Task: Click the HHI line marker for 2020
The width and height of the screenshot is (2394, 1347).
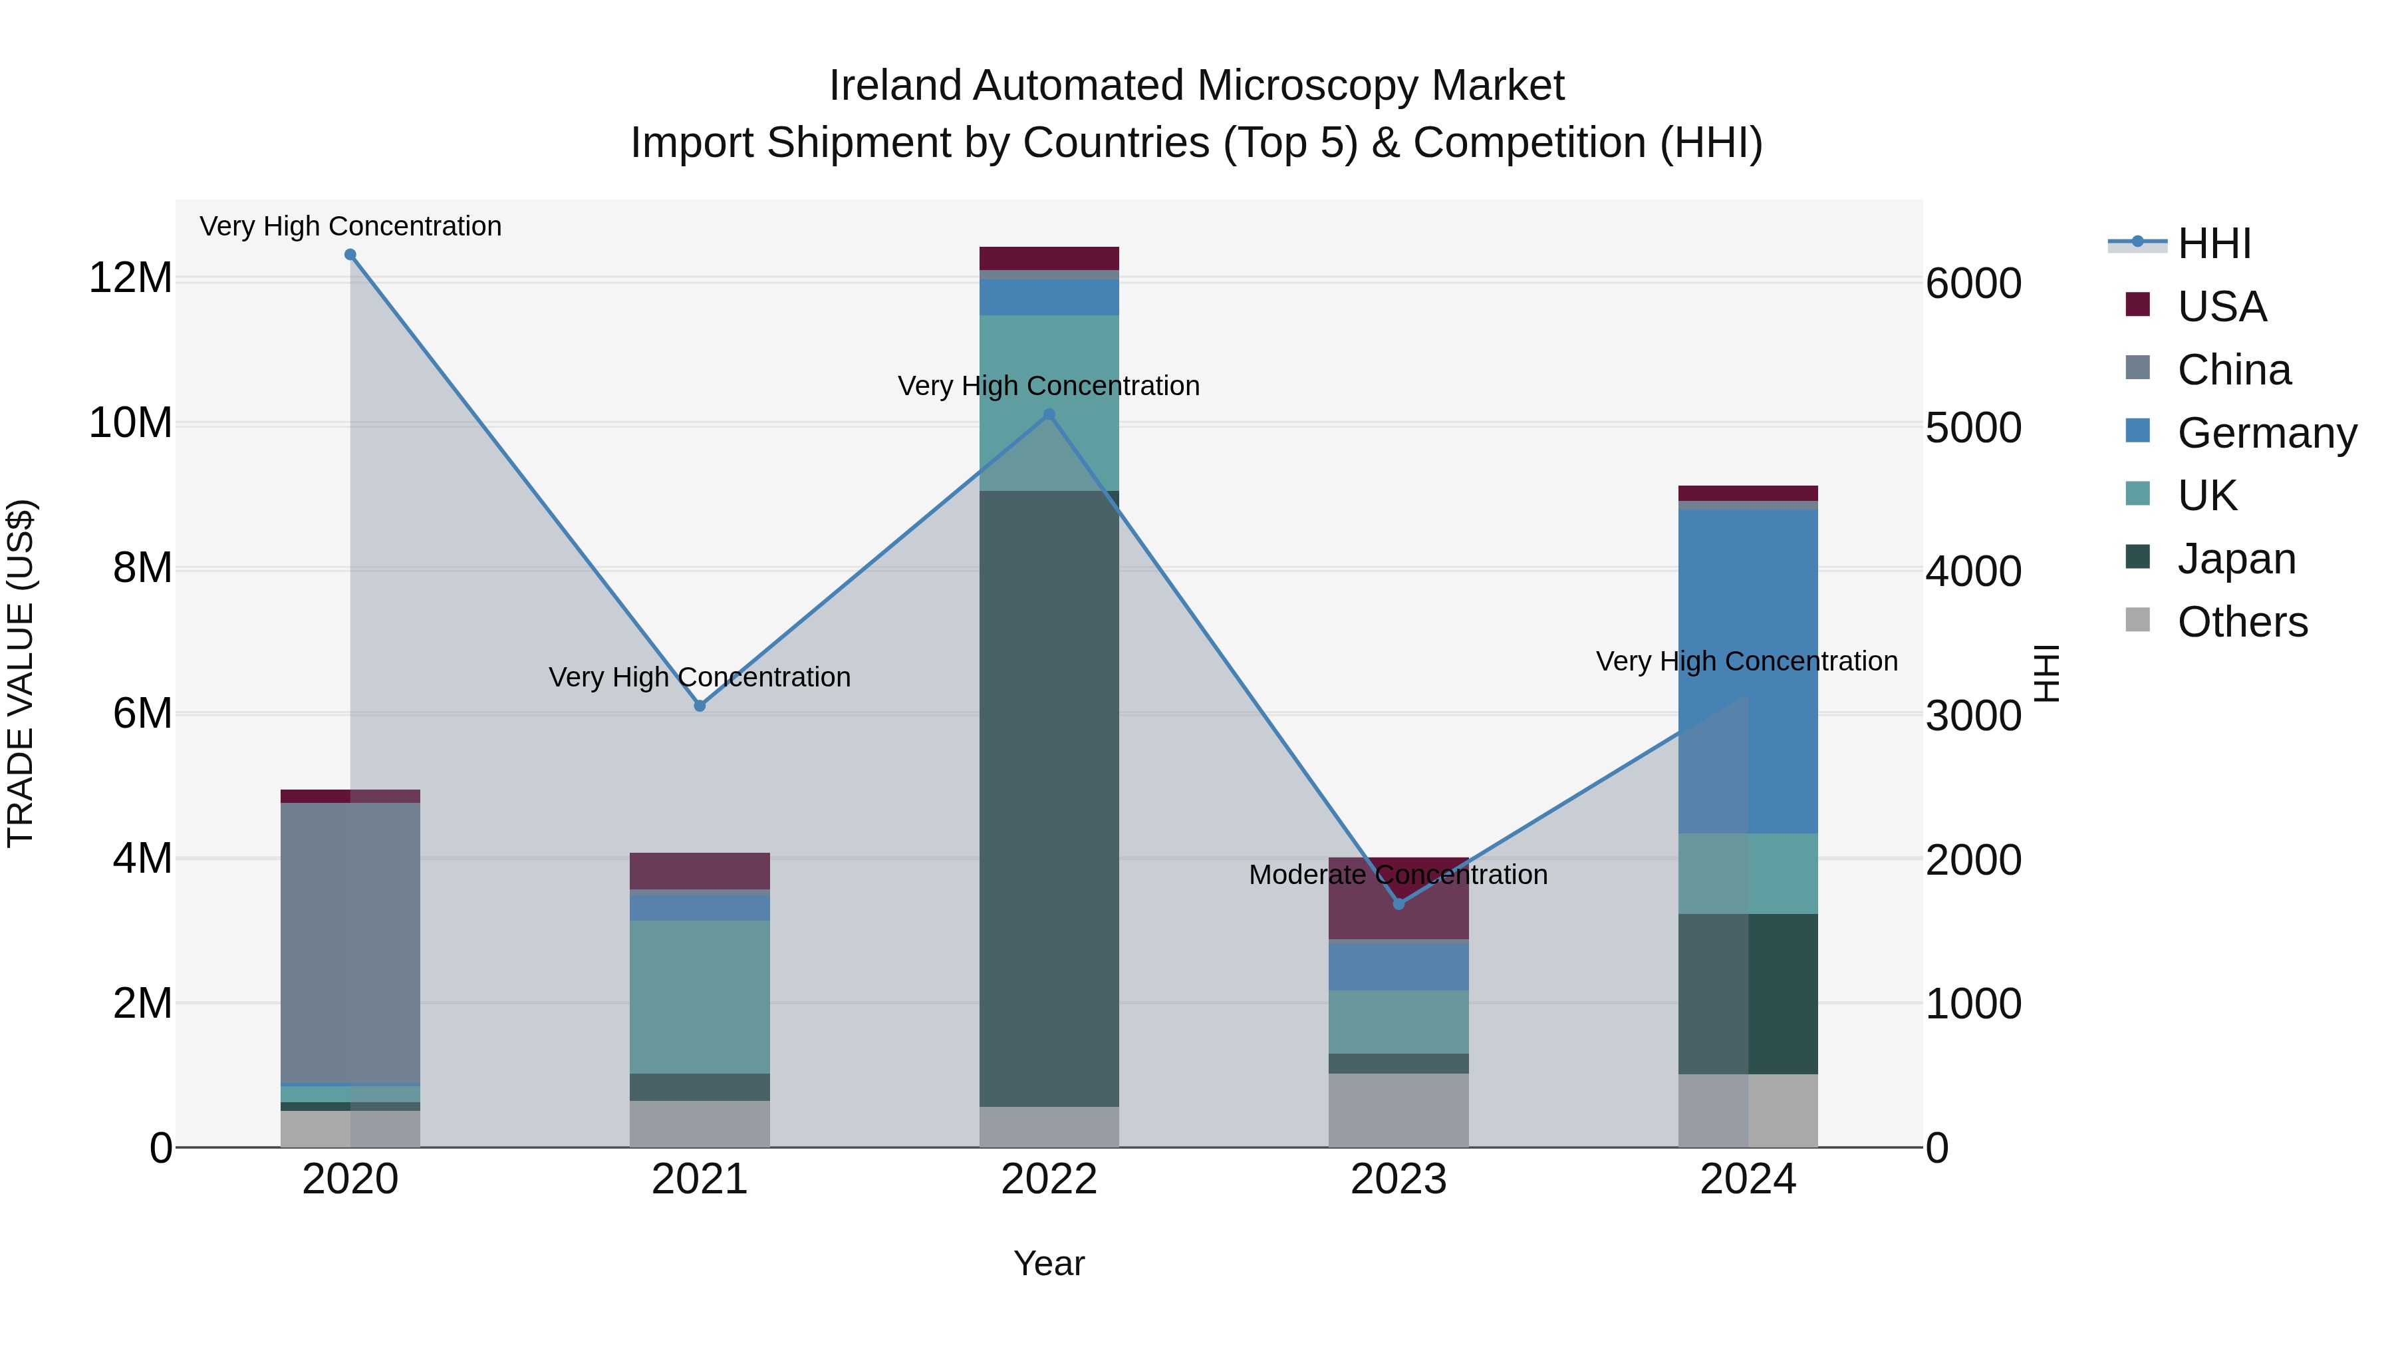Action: [350, 255]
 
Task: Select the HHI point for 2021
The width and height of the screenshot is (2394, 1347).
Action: [700, 706]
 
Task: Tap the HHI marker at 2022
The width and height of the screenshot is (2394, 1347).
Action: [1049, 414]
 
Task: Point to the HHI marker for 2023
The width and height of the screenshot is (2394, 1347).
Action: [1398, 903]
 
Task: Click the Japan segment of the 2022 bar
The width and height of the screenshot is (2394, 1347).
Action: [1049, 800]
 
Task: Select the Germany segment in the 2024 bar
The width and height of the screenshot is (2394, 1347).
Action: [1748, 669]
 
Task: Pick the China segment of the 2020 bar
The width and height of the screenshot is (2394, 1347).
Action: [350, 943]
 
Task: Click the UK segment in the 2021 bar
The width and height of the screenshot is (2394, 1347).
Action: [700, 996]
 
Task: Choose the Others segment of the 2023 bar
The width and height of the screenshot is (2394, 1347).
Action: [1398, 1110]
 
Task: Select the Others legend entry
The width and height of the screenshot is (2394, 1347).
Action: [2242, 622]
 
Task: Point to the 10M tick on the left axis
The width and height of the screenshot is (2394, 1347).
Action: [130, 423]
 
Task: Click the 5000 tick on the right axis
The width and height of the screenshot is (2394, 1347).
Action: [1973, 428]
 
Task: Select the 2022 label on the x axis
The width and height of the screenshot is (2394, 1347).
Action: [1049, 1179]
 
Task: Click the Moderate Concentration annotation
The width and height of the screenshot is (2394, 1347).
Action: [1398, 875]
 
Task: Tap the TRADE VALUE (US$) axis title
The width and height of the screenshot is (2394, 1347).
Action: [21, 673]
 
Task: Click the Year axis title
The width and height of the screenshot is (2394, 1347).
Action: [1049, 1263]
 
